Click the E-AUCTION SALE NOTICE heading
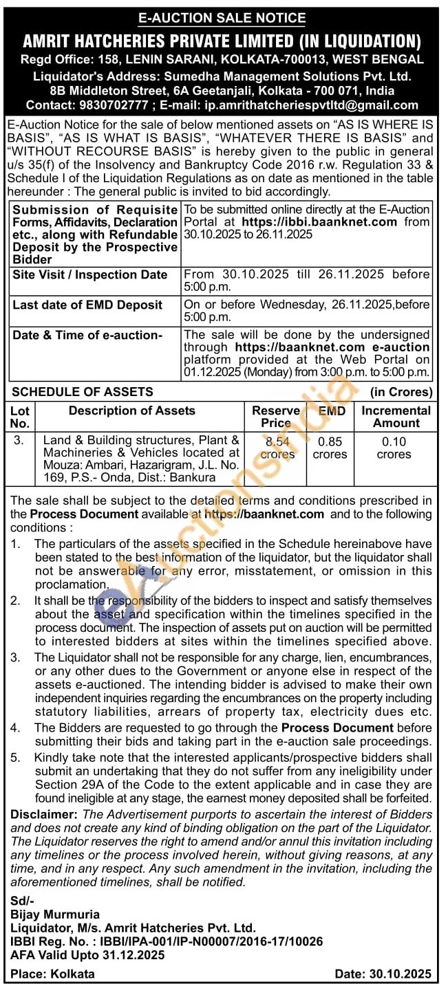(x=222, y=18)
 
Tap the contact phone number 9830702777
(x=110, y=105)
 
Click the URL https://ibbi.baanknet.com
(x=319, y=222)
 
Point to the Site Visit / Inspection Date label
(x=90, y=275)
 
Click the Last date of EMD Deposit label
(x=87, y=305)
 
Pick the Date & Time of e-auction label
(x=87, y=335)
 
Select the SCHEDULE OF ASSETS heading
(x=83, y=392)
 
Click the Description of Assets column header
(x=131, y=411)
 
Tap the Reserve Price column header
(x=275, y=417)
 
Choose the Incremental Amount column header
(x=396, y=417)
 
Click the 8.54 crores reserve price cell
(x=277, y=448)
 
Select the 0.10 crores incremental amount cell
(x=394, y=448)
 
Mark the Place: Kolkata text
(x=52, y=974)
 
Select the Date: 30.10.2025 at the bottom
(x=383, y=974)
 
